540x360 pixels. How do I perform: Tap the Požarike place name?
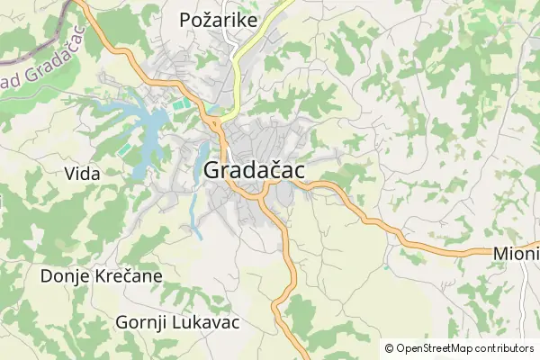pos(218,19)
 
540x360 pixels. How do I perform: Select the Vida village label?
pos(82,174)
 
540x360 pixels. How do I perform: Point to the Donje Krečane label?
pos(101,275)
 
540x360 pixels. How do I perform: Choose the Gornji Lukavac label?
pos(177,321)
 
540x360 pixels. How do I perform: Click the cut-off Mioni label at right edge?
pos(516,255)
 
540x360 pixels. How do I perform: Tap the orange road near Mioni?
pos(450,247)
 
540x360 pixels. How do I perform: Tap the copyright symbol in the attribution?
pos(389,348)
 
